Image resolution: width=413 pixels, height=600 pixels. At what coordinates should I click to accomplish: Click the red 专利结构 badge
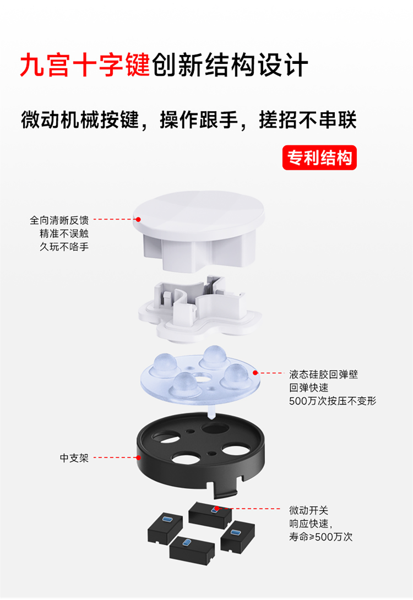(319, 157)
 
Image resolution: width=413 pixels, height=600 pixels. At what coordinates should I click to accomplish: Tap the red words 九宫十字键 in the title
(85, 65)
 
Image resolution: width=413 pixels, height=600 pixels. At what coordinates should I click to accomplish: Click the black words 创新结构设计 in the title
(230, 65)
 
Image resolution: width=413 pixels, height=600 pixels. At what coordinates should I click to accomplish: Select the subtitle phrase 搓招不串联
(307, 120)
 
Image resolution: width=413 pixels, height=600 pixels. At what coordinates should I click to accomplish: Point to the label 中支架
(74, 457)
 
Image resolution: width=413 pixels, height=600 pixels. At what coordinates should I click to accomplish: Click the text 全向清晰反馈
(59, 220)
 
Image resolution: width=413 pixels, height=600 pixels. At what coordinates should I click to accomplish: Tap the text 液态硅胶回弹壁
(323, 374)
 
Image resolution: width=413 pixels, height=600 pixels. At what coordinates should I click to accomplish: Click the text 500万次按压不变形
(333, 401)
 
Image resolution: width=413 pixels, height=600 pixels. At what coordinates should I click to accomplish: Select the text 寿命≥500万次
(320, 537)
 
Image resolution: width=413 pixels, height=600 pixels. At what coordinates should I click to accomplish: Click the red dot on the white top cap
(138, 219)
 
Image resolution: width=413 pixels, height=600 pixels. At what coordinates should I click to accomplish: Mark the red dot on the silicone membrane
(256, 372)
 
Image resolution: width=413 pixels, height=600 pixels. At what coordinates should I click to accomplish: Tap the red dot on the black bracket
(139, 457)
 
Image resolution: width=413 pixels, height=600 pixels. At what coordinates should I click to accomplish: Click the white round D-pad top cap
(199, 230)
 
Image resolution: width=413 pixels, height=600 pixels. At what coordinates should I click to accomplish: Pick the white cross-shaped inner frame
(200, 310)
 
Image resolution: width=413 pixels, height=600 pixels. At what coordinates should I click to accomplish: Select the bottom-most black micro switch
(192, 550)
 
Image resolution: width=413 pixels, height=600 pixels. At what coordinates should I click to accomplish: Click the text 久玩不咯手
(64, 247)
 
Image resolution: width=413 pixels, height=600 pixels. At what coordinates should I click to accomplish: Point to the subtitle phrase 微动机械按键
(80, 120)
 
